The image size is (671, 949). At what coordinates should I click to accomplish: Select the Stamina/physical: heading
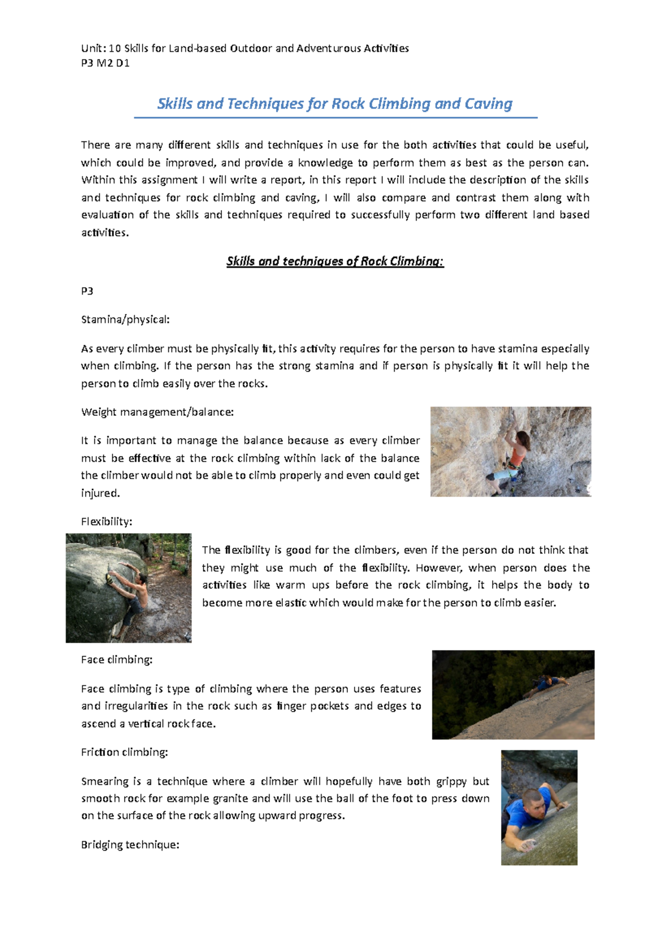click(125, 320)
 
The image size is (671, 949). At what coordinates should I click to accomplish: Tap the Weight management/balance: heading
click(157, 412)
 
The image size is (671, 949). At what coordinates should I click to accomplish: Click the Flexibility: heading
click(106, 521)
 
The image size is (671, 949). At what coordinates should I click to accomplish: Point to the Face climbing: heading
click(116, 660)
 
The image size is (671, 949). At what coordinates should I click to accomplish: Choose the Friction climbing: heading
click(124, 752)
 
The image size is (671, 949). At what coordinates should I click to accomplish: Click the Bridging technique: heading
click(130, 845)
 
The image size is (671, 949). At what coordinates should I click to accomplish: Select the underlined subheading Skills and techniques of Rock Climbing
click(334, 262)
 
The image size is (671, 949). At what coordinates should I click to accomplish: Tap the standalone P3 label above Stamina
click(87, 291)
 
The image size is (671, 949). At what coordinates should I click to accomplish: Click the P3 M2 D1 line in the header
click(105, 63)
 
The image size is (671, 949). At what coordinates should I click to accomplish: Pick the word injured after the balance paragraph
click(100, 494)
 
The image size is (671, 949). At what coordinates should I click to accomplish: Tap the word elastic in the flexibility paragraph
click(291, 603)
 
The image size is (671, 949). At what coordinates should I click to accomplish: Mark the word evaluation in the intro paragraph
click(107, 215)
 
